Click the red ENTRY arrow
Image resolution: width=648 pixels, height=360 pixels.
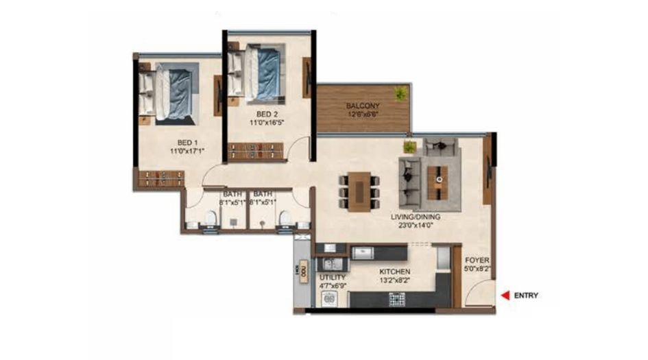tap(504, 296)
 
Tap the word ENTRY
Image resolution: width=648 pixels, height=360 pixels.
tap(526, 296)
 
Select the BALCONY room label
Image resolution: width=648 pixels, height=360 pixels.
tap(363, 106)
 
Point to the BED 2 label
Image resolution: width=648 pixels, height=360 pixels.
tap(267, 114)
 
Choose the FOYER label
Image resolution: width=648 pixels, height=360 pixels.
tap(477, 261)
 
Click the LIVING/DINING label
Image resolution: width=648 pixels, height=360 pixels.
tap(416, 217)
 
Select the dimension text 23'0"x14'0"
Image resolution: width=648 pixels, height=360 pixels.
tap(416, 224)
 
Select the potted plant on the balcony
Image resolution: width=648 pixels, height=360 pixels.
tap(400, 93)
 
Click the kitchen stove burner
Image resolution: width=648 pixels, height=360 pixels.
tap(396, 298)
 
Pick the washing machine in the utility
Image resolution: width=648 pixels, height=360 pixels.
tap(328, 298)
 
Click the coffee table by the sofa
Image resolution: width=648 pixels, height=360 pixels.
tap(437, 180)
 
